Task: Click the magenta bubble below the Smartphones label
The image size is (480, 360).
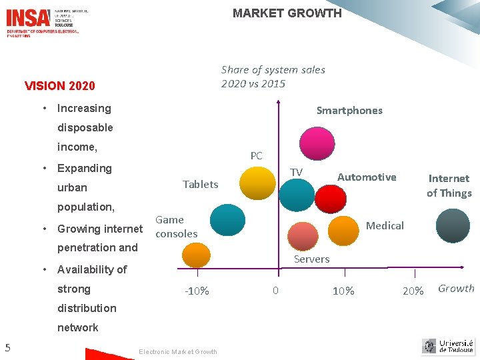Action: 317,143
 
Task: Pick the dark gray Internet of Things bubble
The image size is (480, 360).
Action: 453,226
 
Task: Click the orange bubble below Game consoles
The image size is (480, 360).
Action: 196,256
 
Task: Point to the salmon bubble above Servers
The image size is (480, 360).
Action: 303,235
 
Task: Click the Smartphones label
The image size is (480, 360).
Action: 349,111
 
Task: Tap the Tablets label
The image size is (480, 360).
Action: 200,185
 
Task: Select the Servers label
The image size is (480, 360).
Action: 311,259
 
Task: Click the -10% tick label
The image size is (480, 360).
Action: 197,291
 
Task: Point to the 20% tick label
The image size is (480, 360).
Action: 413,291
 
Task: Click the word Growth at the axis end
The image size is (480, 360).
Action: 456,289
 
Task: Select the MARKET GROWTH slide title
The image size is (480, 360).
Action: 287,13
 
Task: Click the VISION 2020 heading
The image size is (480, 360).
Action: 59,86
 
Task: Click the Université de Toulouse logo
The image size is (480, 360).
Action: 448,346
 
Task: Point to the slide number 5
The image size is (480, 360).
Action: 7,347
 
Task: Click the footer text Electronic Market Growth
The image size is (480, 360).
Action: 177,352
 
